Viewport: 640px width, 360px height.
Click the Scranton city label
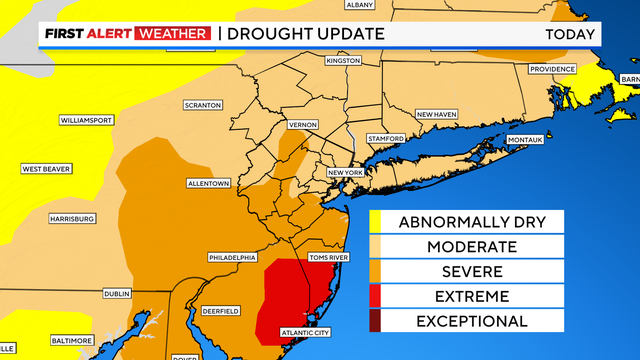[x=203, y=105]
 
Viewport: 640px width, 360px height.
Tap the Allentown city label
[x=209, y=184]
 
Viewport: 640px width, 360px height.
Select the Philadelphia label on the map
[x=232, y=257]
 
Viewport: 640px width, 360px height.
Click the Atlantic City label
[x=308, y=333]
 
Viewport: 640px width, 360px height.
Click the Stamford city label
[x=385, y=138]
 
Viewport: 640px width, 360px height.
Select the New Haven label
[x=437, y=114]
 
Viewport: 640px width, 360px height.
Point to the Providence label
[x=553, y=69]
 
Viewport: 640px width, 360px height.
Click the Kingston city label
[x=343, y=61]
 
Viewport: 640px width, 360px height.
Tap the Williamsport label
[x=85, y=119]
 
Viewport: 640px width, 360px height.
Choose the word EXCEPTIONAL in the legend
[x=471, y=321]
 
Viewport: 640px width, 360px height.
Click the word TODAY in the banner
[x=570, y=34]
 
